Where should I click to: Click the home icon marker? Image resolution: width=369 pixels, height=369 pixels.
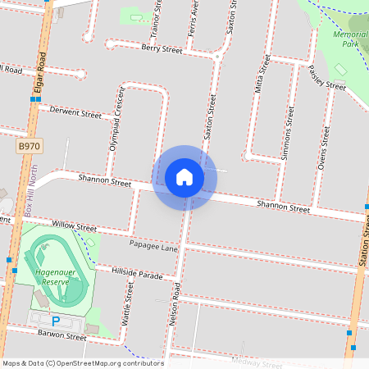(184, 176)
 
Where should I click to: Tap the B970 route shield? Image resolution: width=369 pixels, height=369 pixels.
(28, 145)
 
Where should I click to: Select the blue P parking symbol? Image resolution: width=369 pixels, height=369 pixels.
(56, 321)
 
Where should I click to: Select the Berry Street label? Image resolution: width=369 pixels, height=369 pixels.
(161, 49)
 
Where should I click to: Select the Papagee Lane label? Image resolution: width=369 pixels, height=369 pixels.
(153, 246)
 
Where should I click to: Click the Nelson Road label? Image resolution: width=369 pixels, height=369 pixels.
(174, 304)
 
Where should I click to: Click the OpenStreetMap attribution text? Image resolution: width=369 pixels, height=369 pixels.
(82, 363)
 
